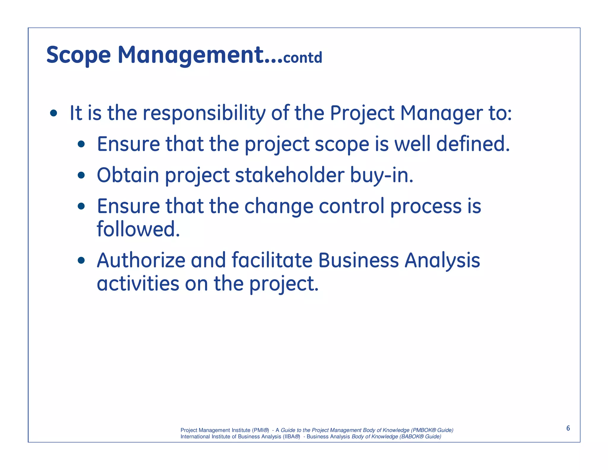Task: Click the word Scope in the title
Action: [x=78, y=56]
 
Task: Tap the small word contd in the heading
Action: [x=303, y=58]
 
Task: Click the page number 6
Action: [x=568, y=428]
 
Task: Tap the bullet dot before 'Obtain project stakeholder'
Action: [x=81, y=175]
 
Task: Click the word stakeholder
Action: [x=290, y=175]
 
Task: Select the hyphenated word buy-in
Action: [x=381, y=176]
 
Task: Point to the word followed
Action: [x=138, y=229]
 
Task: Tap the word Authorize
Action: [x=141, y=261]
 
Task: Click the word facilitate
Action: [x=272, y=261]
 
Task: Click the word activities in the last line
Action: [x=138, y=284]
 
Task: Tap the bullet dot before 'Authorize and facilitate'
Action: [x=81, y=261]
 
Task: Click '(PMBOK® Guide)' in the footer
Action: [x=432, y=430]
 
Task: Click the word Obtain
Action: [x=128, y=175]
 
